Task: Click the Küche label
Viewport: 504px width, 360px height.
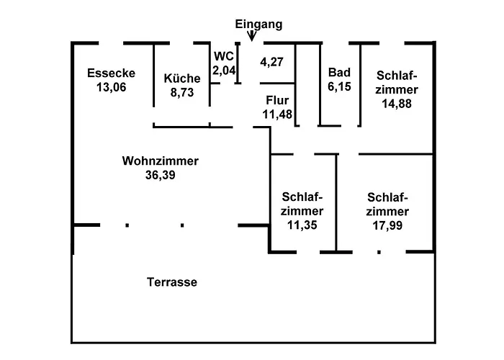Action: pyautogui.click(x=181, y=78)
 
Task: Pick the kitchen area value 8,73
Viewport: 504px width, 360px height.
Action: pyautogui.click(x=181, y=92)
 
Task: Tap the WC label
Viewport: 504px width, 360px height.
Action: pyautogui.click(x=222, y=55)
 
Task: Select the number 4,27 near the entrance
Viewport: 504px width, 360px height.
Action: pyautogui.click(x=271, y=62)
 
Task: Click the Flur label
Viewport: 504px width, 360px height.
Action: pyautogui.click(x=276, y=100)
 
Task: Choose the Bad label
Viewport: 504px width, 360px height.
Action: pyautogui.click(x=338, y=73)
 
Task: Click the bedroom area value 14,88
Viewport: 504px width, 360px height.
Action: pyautogui.click(x=397, y=103)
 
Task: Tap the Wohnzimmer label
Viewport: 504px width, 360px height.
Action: pyautogui.click(x=160, y=161)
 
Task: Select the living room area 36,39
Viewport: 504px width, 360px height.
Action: pyautogui.click(x=160, y=174)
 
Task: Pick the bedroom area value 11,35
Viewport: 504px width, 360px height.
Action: pyautogui.click(x=302, y=225)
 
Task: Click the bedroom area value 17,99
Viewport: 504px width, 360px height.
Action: pyautogui.click(x=387, y=225)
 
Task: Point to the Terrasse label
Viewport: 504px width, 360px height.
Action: pyautogui.click(x=172, y=282)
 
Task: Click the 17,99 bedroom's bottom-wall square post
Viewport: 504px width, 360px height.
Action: pyautogui.click(x=379, y=252)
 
